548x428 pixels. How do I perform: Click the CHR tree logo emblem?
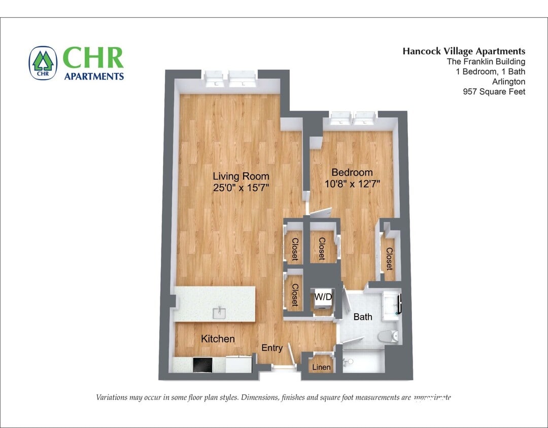click(43, 63)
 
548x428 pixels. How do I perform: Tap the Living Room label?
click(241, 176)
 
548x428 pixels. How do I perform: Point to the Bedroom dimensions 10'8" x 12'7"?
click(352, 184)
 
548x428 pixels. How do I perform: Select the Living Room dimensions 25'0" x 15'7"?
click(241, 188)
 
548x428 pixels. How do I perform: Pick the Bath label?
click(363, 317)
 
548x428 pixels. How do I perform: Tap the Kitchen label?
click(218, 339)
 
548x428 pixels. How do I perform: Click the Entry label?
click(272, 348)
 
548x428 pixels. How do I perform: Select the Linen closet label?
click(321, 367)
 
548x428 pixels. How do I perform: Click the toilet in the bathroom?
click(390, 336)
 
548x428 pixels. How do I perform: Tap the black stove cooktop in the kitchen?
click(204, 365)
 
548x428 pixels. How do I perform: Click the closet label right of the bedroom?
click(389, 259)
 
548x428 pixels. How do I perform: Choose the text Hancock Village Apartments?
click(464, 51)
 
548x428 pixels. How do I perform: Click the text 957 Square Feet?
click(494, 92)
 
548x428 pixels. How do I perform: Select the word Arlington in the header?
click(508, 82)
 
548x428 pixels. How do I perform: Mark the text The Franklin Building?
click(486, 61)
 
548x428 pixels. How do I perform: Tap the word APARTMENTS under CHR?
click(94, 77)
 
